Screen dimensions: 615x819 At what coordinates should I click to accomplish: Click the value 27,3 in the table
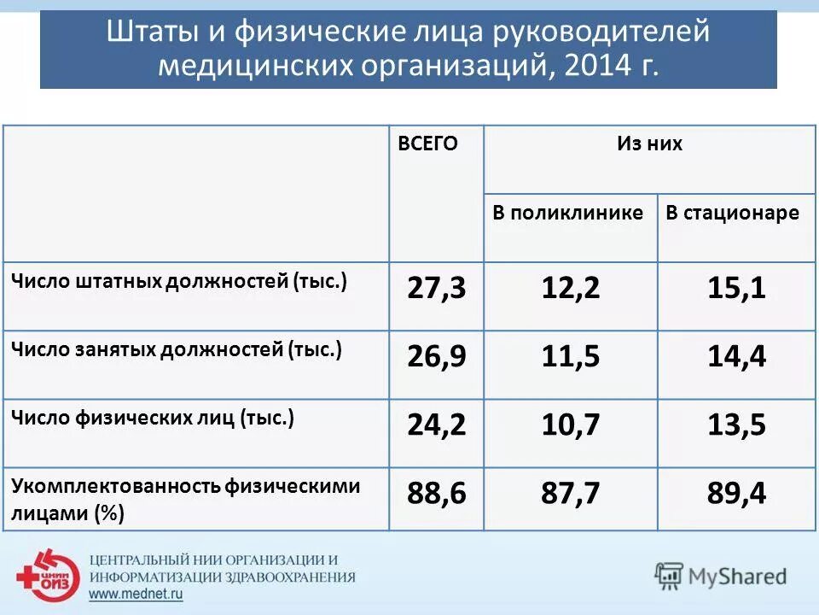436,289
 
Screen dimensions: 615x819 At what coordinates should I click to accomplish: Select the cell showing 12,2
570,289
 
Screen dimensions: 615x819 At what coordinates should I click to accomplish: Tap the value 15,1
736,289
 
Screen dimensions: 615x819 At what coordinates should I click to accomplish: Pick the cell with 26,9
436,357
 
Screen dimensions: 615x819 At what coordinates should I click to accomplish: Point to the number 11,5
570,357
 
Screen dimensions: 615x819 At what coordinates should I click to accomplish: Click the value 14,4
736,357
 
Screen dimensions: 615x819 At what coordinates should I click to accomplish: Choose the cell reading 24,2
436,425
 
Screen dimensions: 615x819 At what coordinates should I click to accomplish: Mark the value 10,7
570,425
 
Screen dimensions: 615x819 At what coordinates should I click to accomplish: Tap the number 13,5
736,425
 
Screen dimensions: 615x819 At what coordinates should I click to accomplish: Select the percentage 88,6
436,494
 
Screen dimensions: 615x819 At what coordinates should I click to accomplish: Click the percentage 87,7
570,494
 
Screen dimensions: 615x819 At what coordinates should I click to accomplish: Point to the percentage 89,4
736,494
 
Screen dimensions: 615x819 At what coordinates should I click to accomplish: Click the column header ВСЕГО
427,143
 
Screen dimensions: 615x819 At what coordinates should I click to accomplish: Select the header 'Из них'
649,143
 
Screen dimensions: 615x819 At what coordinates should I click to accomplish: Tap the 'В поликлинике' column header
567,214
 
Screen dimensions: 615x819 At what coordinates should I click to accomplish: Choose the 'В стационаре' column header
732,214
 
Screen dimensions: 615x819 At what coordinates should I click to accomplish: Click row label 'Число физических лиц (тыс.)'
153,419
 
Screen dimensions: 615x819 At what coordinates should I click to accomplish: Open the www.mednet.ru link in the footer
136,594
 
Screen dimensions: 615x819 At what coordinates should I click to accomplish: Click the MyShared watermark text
737,577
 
